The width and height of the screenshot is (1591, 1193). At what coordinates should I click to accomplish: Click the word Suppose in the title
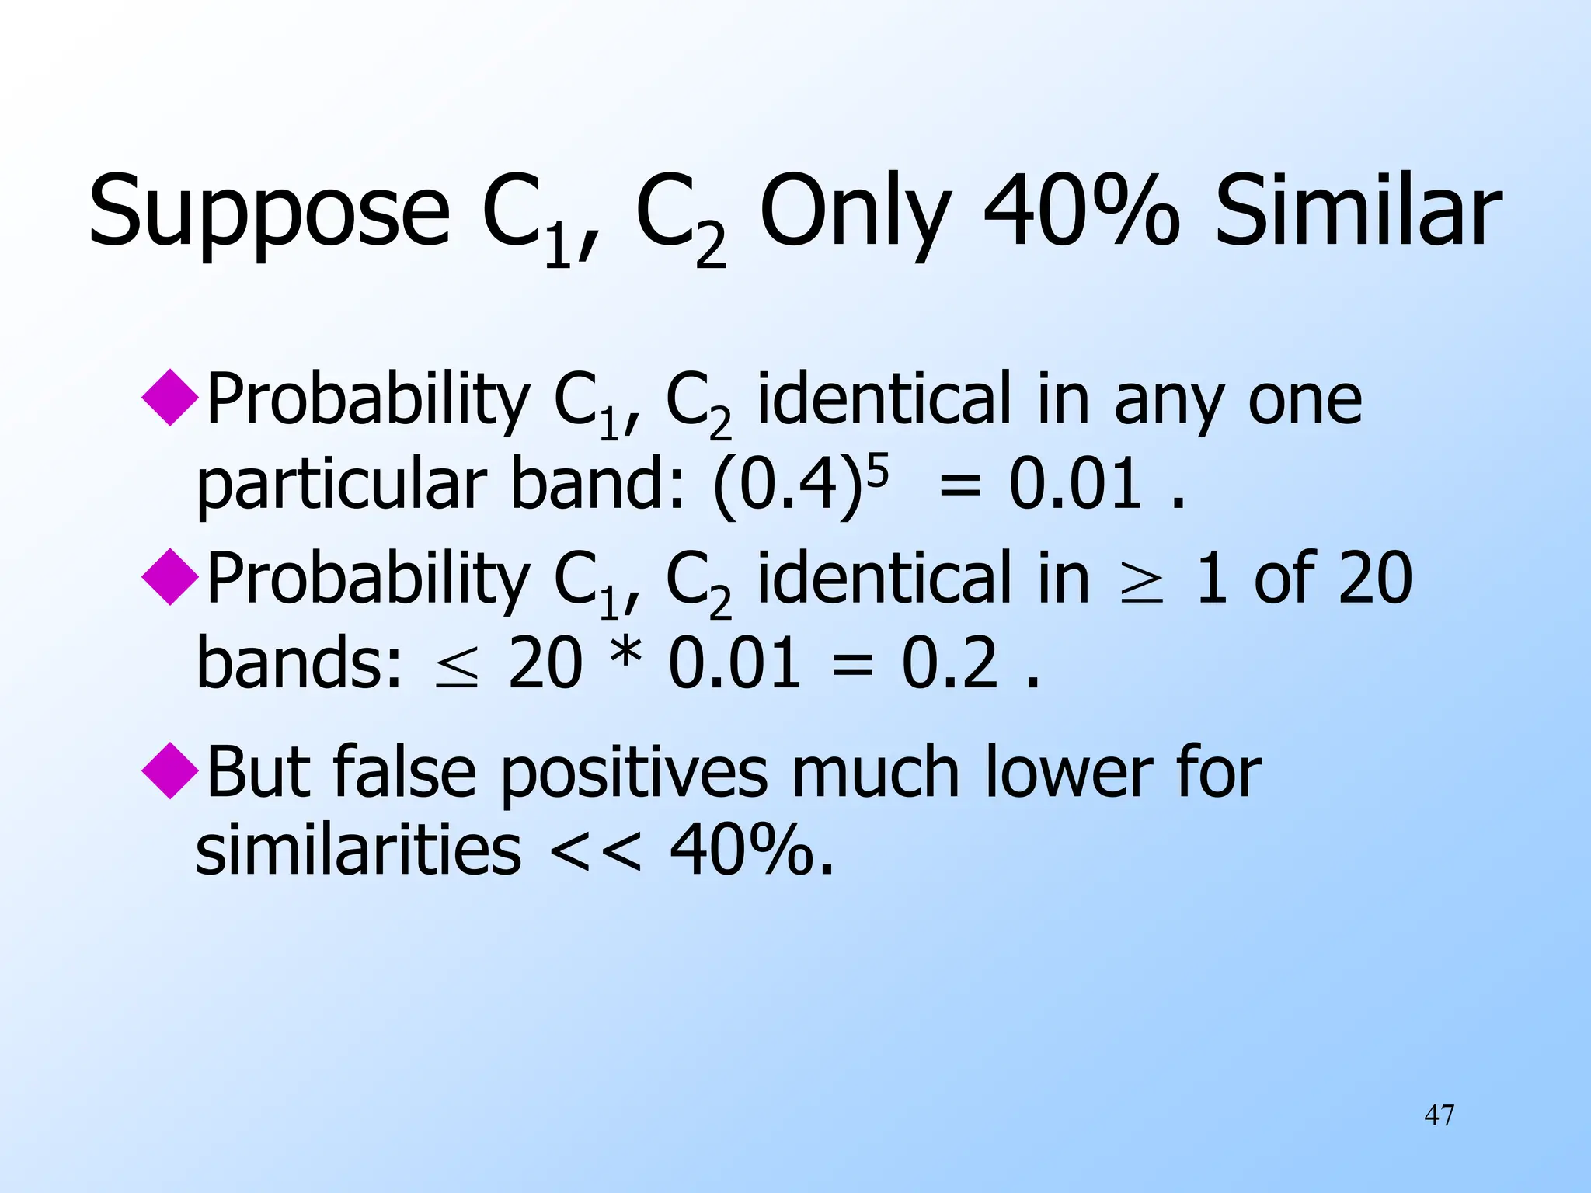point(269,211)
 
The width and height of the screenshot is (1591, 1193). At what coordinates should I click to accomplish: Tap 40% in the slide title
point(1081,211)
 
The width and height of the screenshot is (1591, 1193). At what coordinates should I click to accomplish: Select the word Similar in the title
point(1358,211)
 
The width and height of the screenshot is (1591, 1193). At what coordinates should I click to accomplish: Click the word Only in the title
point(855,211)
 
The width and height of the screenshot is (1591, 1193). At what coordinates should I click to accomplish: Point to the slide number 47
point(1439,1115)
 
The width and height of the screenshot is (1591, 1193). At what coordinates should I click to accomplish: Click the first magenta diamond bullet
point(170,397)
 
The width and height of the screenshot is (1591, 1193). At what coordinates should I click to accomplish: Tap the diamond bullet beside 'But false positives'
point(170,770)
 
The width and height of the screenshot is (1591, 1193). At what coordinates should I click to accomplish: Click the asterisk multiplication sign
point(625,656)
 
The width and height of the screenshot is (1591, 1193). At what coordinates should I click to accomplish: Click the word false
point(404,772)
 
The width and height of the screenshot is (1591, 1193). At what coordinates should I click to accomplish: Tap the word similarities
point(358,850)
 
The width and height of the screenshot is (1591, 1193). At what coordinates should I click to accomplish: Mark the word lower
point(1069,772)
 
